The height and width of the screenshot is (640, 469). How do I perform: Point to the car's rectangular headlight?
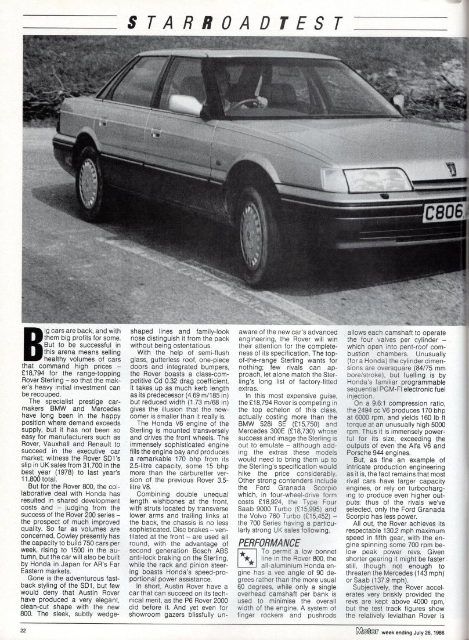click(378, 180)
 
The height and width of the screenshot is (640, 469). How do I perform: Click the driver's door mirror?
click(185, 104)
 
